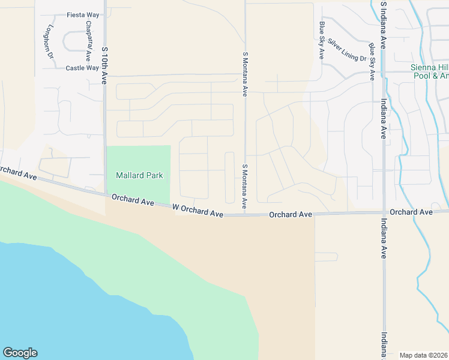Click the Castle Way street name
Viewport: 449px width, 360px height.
coord(82,68)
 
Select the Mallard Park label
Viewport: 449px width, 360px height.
coord(138,175)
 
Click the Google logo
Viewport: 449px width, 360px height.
coord(20,353)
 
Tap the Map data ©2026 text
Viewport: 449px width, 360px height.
coord(423,355)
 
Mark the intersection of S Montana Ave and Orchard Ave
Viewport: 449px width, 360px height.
coord(245,214)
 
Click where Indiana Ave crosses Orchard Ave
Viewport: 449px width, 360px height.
coord(383,212)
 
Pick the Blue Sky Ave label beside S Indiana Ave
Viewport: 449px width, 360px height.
coord(372,61)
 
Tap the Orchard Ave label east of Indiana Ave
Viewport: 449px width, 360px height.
coord(411,212)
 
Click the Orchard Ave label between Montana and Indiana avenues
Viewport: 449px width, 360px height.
coord(291,214)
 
